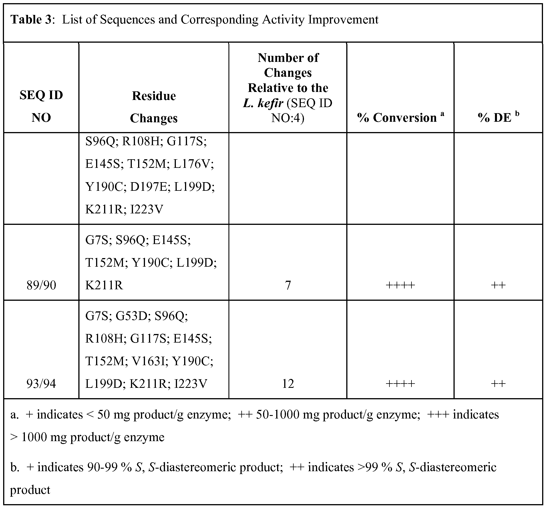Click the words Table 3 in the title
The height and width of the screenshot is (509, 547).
[x=31, y=19]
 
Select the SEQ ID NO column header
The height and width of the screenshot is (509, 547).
[x=41, y=106]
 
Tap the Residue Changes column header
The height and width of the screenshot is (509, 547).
[x=154, y=107]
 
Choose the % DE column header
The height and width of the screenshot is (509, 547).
[x=494, y=118]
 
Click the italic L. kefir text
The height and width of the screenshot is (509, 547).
[x=263, y=103]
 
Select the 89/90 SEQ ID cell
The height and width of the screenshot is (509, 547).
[x=41, y=285]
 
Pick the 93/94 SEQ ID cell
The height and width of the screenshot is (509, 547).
[x=41, y=384]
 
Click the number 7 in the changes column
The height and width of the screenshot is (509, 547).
[x=288, y=285]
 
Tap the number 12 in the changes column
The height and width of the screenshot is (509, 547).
[x=288, y=384]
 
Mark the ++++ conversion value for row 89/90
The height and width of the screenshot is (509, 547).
[x=400, y=285]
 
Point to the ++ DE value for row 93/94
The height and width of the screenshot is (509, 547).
[x=498, y=384]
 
